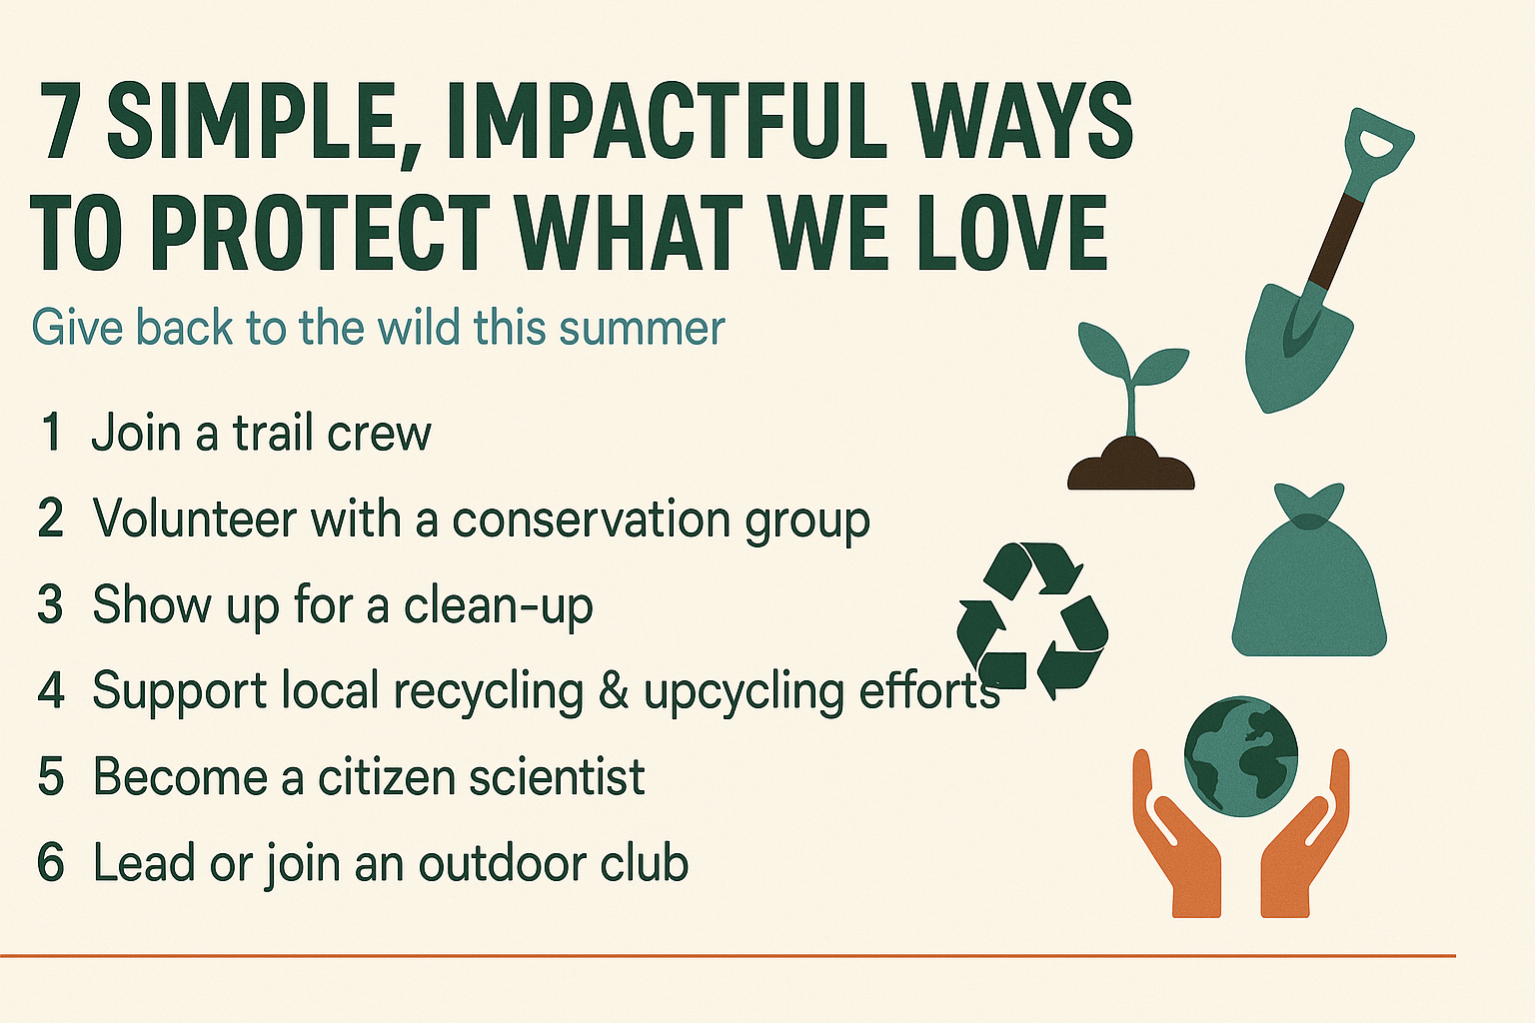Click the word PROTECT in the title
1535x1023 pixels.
320,233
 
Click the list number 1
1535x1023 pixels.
51,434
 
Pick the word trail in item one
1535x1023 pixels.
269,434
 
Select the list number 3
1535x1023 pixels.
51,605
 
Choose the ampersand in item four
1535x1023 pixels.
614,691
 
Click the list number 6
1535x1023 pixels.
51,863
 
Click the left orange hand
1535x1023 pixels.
1180,839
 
